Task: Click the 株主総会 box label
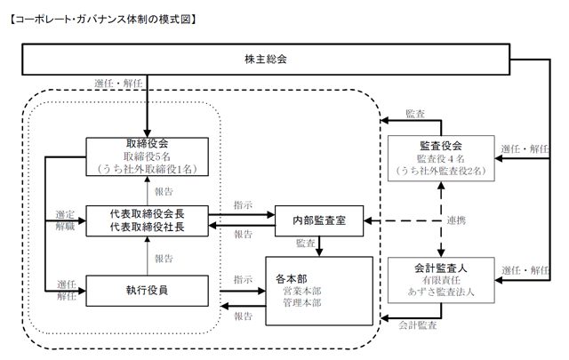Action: (x=266, y=60)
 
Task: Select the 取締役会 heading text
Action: (x=147, y=144)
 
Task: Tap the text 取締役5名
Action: (x=147, y=156)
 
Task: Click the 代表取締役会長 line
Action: (x=147, y=213)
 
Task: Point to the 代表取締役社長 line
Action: (x=147, y=227)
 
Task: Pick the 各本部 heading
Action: (x=292, y=279)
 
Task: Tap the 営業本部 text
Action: (x=302, y=291)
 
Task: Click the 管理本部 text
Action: (x=302, y=302)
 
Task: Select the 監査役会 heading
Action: (x=441, y=146)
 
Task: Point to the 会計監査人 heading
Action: (x=441, y=268)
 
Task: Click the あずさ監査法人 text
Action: (x=441, y=292)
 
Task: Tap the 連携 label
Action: (x=456, y=220)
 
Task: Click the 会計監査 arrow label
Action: (x=417, y=325)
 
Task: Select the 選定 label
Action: (x=65, y=214)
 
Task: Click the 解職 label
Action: (x=65, y=226)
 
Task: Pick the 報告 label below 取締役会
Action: (x=164, y=192)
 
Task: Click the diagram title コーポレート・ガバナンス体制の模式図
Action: (x=103, y=20)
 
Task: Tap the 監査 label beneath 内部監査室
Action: (x=306, y=244)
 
